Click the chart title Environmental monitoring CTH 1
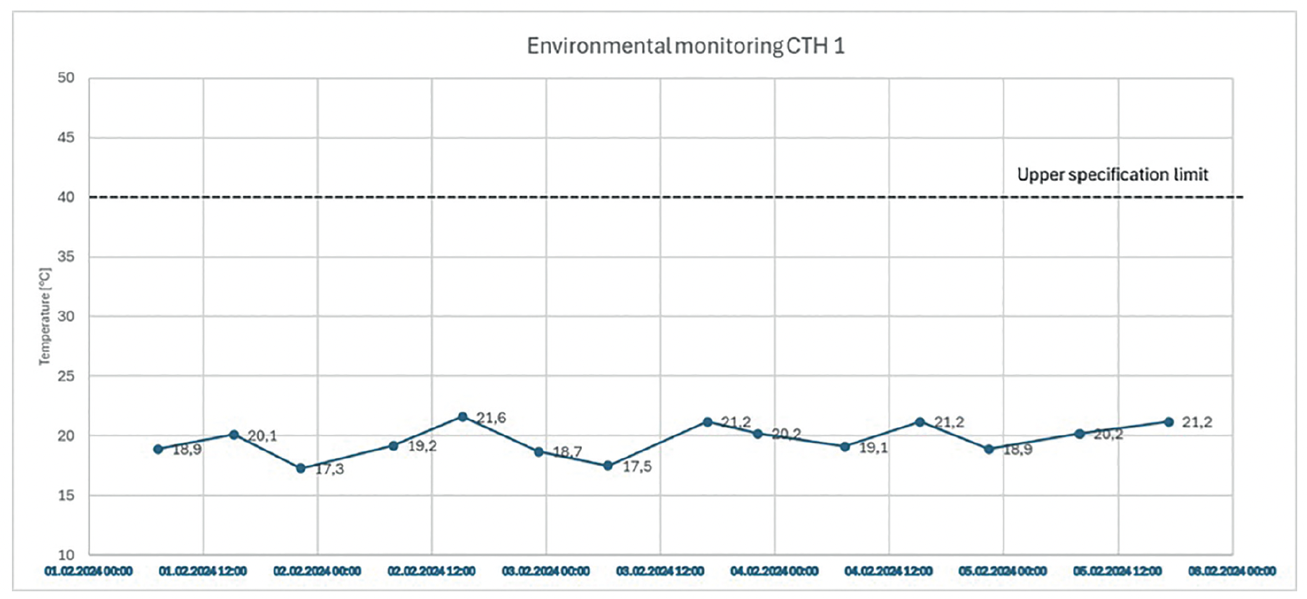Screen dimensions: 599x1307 [x=686, y=46]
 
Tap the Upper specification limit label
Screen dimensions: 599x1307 [x=1113, y=175]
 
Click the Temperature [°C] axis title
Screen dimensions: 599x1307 [x=45, y=316]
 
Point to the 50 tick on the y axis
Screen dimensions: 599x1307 [x=66, y=78]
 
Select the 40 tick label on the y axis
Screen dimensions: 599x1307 [x=66, y=197]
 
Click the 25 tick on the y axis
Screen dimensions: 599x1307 [x=66, y=376]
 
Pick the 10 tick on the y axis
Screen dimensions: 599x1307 [x=66, y=555]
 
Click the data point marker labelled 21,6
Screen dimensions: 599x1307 [x=463, y=417]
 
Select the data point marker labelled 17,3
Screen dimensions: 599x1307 [x=301, y=469]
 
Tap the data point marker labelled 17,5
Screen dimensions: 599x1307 [x=608, y=466]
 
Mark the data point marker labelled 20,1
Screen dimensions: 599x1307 [x=234, y=435]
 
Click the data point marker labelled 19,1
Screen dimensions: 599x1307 [x=845, y=447]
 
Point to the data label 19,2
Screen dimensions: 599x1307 [x=422, y=446]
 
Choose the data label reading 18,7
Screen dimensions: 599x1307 [x=567, y=452]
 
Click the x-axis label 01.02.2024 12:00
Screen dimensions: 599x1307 [x=203, y=572]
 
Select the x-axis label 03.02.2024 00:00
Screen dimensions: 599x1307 [x=546, y=572]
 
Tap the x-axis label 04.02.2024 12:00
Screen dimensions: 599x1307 [x=889, y=572]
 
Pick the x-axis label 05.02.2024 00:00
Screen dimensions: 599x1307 [x=1003, y=572]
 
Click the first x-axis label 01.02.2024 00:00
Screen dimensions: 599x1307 [x=88, y=572]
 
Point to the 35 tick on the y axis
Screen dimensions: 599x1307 [x=66, y=257]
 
